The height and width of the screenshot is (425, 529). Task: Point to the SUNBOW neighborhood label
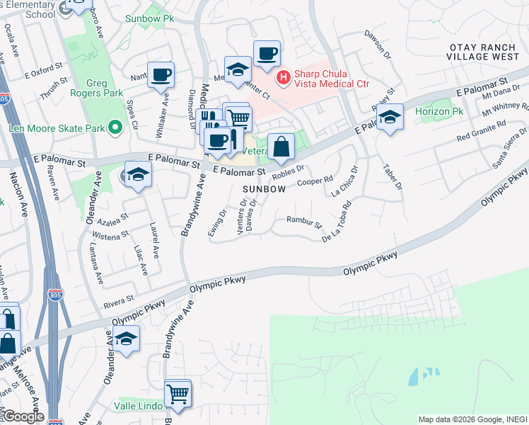(x=264, y=189)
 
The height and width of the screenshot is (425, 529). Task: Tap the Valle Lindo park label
(x=139, y=407)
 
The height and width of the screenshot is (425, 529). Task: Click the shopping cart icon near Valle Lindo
(x=178, y=393)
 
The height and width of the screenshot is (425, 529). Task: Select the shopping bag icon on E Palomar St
(x=281, y=147)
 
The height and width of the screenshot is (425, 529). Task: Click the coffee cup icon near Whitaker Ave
(x=161, y=74)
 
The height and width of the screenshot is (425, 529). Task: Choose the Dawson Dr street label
(x=378, y=44)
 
